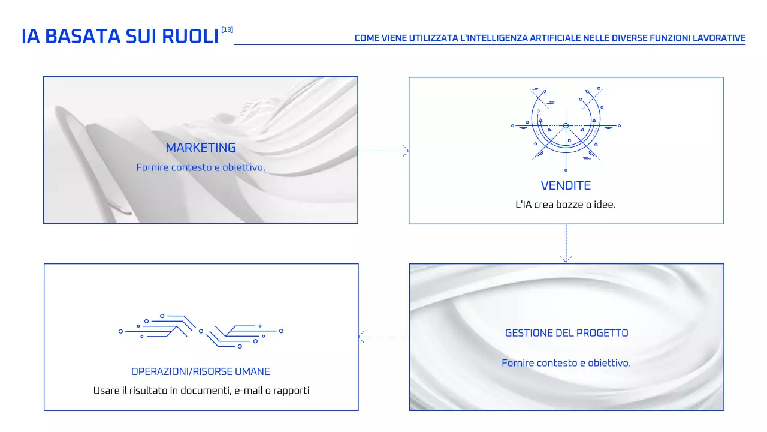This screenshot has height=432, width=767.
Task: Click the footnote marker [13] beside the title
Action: (227, 30)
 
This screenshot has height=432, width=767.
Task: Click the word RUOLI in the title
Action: (190, 37)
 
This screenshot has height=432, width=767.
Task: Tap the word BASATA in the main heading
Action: (83, 37)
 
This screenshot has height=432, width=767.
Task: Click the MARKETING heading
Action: (201, 148)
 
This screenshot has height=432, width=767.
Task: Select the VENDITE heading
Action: (566, 185)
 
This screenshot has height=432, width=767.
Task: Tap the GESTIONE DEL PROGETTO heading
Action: (567, 333)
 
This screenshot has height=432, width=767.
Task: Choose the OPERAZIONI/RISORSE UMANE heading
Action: (201, 371)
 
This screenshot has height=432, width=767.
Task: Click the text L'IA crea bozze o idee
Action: (566, 205)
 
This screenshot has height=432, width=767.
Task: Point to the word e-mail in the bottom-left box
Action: (249, 391)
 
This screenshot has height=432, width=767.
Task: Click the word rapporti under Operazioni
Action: (291, 391)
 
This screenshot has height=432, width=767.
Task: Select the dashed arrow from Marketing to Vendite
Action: (383, 151)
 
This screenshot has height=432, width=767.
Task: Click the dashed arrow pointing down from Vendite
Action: (566, 244)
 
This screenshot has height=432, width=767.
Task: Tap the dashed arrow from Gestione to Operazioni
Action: (384, 337)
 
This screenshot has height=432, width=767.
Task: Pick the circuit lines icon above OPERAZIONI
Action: (201, 331)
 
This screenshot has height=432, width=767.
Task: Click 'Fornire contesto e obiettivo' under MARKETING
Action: (201, 167)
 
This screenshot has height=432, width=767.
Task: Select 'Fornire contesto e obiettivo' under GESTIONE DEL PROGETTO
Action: (566, 363)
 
